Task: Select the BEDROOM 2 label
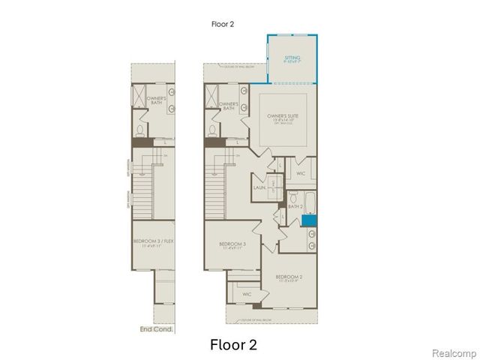(x=290, y=279)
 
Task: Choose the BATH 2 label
(x=295, y=205)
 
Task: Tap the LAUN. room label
(x=259, y=187)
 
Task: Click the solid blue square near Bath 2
(x=310, y=220)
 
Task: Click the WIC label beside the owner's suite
(x=301, y=173)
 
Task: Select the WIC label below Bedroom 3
(x=247, y=294)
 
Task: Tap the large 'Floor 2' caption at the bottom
(x=232, y=345)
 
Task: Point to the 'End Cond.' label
(x=156, y=328)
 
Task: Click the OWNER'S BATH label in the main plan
(x=229, y=106)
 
